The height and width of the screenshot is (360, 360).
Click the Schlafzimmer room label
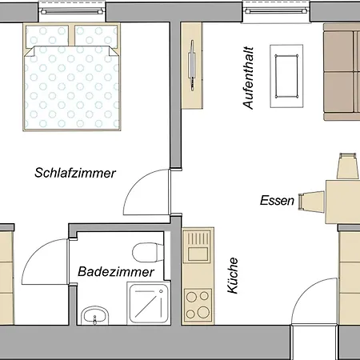coord(75,173)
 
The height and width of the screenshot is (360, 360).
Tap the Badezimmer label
coord(116,272)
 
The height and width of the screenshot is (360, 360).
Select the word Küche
coord(233,275)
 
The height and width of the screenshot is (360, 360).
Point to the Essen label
coord(277,200)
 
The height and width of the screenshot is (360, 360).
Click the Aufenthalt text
coord(248,78)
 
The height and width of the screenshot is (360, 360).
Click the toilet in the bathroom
coord(148,252)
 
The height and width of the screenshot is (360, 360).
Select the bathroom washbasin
coord(94,315)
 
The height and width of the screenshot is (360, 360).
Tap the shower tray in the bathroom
coord(149,303)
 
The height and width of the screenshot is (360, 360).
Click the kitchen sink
coord(198,245)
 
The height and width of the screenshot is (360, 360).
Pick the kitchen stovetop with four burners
coord(198,304)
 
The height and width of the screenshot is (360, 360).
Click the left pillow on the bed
coord(47,36)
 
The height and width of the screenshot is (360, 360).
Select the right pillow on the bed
coord(96,36)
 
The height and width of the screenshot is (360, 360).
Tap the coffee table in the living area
coord(286,76)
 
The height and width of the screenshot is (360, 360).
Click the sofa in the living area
coord(342,71)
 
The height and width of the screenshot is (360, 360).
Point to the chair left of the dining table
coord(311,202)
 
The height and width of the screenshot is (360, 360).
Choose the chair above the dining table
coord(346,166)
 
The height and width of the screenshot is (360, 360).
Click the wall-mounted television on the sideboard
coord(192,66)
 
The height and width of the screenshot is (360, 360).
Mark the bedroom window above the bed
coord(72,11)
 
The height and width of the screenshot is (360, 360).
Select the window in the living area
coord(276,11)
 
